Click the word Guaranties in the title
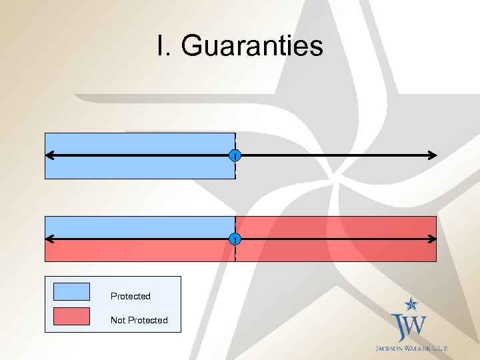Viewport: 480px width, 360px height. click(x=252, y=46)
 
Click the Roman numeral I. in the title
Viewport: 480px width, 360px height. click(x=164, y=46)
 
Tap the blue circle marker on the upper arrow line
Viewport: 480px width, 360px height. click(x=235, y=156)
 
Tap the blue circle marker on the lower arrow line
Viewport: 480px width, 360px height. click(x=235, y=239)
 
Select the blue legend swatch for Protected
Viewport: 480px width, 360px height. click(x=71, y=291)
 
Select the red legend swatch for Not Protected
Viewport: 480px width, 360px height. click(x=71, y=316)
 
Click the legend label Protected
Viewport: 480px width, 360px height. click(x=131, y=296)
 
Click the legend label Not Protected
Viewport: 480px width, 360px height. click(x=139, y=320)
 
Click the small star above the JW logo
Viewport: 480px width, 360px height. click(x=413, y=305)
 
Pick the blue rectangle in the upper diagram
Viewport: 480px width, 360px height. click(x=140, y=143)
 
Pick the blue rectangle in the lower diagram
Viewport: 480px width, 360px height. click(x=140, y=227)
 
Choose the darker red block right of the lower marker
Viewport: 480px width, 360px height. click(x=336, y=227)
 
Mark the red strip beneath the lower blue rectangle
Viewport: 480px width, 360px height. click(x=140, y=251)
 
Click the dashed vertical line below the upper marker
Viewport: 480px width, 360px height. click(x=235, y=171)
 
